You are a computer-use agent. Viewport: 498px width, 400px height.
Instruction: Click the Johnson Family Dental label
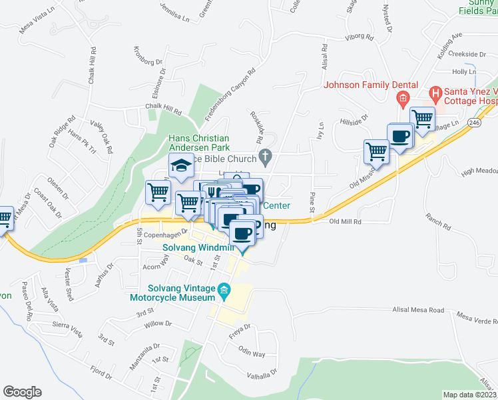pos(371,85)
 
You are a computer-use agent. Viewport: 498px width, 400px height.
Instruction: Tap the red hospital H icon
pos(436,93)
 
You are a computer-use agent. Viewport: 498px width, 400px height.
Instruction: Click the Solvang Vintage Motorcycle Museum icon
pos(224,289)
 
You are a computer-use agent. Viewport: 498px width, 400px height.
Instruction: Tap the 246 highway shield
pos(473,123)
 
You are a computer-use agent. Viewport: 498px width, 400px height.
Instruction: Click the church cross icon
pos(266,158)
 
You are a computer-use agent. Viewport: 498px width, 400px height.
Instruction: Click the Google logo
pos(22,392)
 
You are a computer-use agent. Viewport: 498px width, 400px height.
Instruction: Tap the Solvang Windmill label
pos(199,248)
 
